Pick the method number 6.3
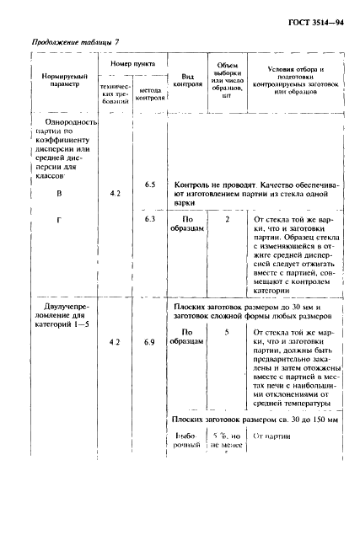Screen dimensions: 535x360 pyautogui.click(x=151, y=219)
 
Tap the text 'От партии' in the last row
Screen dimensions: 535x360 pyautogui.click(x=271, y=436)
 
